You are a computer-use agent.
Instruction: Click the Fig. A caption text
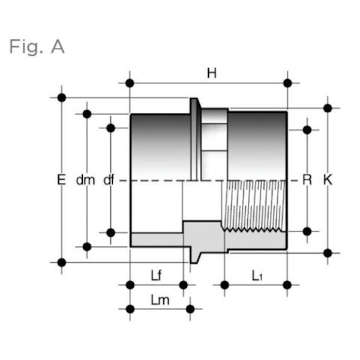tap(37, 47)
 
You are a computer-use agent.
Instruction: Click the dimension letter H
tap(211, 73)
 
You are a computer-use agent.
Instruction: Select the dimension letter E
tap(60, 179)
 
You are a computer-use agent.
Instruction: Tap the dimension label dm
tap(86, 179)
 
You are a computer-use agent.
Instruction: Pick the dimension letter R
tap(307, 179)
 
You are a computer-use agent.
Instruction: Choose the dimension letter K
tap(328, 179)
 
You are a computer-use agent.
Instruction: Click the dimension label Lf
tap(156, 275)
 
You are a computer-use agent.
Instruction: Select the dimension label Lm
tap(160, 300)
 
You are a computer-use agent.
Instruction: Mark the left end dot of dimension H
tap(130, 83)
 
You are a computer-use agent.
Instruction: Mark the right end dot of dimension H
tap(287, 83)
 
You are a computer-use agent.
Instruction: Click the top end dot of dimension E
tap(61, 97)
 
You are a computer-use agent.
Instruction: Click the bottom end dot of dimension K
tap(328, 253)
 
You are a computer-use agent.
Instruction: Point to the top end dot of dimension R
tap(307, 130)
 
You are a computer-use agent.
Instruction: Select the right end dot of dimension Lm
tap(190, 309)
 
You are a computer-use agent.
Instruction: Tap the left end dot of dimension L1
tap(224, 284)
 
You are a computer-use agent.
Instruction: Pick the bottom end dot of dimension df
tap(110, 232)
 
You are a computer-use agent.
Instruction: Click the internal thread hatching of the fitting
tap(252, 204)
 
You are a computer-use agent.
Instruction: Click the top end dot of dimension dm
tap(87, 113)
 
